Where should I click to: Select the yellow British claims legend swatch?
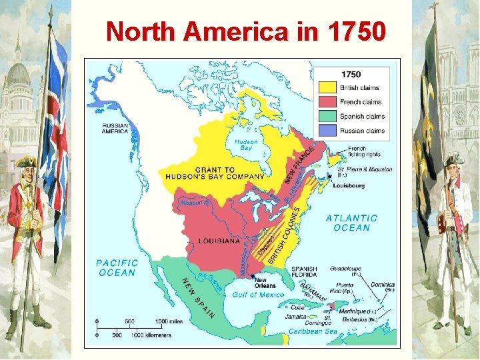point(329,87)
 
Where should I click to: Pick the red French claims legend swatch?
point(329,102)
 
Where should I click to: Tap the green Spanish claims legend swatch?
point(329,117)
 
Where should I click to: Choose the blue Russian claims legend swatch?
point(329,131)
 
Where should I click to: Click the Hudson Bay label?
point(247,145)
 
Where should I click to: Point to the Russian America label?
point(115,128)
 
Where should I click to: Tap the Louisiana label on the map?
point(219,241)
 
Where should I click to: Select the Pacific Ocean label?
point(117,267)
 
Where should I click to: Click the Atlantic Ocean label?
point(351,223)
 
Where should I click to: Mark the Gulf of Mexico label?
point(258,294)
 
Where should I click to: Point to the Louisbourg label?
point(349,186)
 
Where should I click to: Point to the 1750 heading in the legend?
point(351,75)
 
